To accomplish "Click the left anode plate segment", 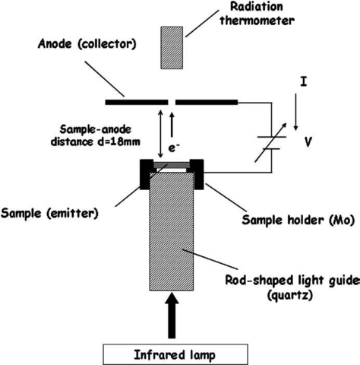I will coord(137,100).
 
